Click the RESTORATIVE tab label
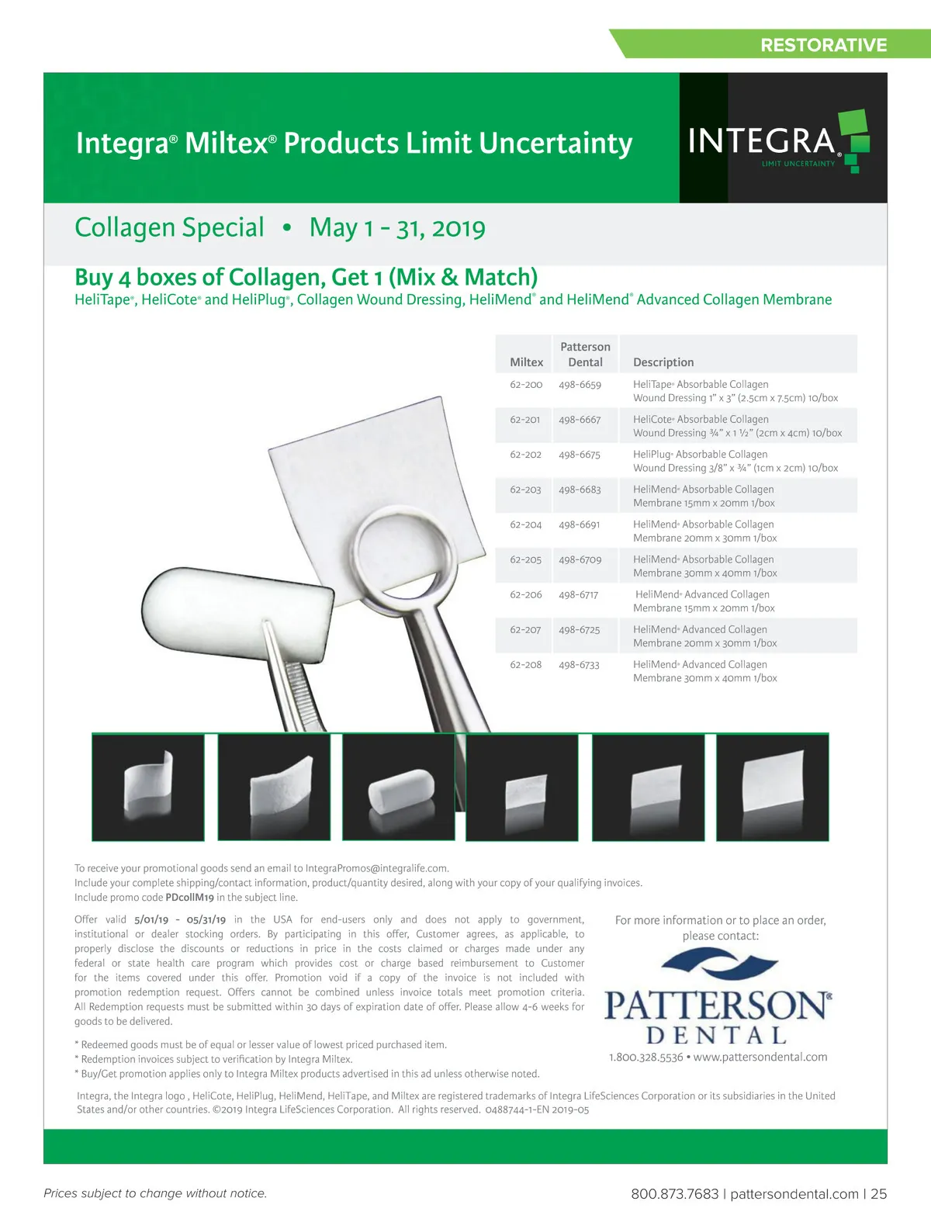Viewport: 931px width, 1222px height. [x=823, y=45]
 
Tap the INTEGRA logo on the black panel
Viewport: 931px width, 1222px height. [x=776, y=142]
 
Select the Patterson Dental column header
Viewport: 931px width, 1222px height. [x=585, y=355]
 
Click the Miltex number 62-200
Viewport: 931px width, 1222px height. [x=526, y=385]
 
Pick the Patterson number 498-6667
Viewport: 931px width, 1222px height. [x=580, y=420]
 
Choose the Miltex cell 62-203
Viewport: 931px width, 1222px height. [x=525, y=490]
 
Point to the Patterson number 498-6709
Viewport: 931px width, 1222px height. [x=580, y=559]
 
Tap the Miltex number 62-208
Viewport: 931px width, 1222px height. [x=525, y=665]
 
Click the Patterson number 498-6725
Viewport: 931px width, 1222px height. [x=580, y=630]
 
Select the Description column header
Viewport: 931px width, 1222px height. [x=663, y=362]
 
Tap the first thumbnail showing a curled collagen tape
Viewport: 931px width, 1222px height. [x=148, y=787]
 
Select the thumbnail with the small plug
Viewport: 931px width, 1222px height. [x=398, y=787]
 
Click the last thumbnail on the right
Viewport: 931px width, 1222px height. [x=772, y=787]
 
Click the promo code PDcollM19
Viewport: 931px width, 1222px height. [x=189, y=898]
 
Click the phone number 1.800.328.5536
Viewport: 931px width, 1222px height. [x=646, y=1058]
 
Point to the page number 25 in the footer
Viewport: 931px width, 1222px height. [x=878, y=1194]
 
